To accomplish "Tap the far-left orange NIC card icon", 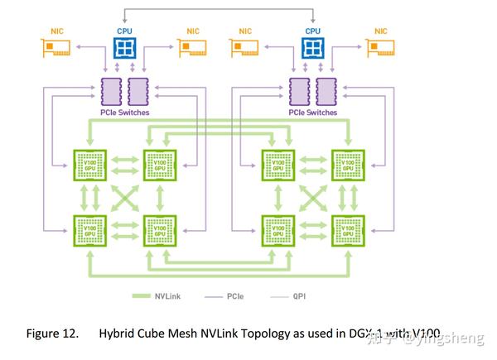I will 55,50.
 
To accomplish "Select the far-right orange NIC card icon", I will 381,50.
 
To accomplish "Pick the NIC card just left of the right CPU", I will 246,50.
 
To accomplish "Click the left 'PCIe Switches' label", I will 124,112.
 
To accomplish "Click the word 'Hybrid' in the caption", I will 117,334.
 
